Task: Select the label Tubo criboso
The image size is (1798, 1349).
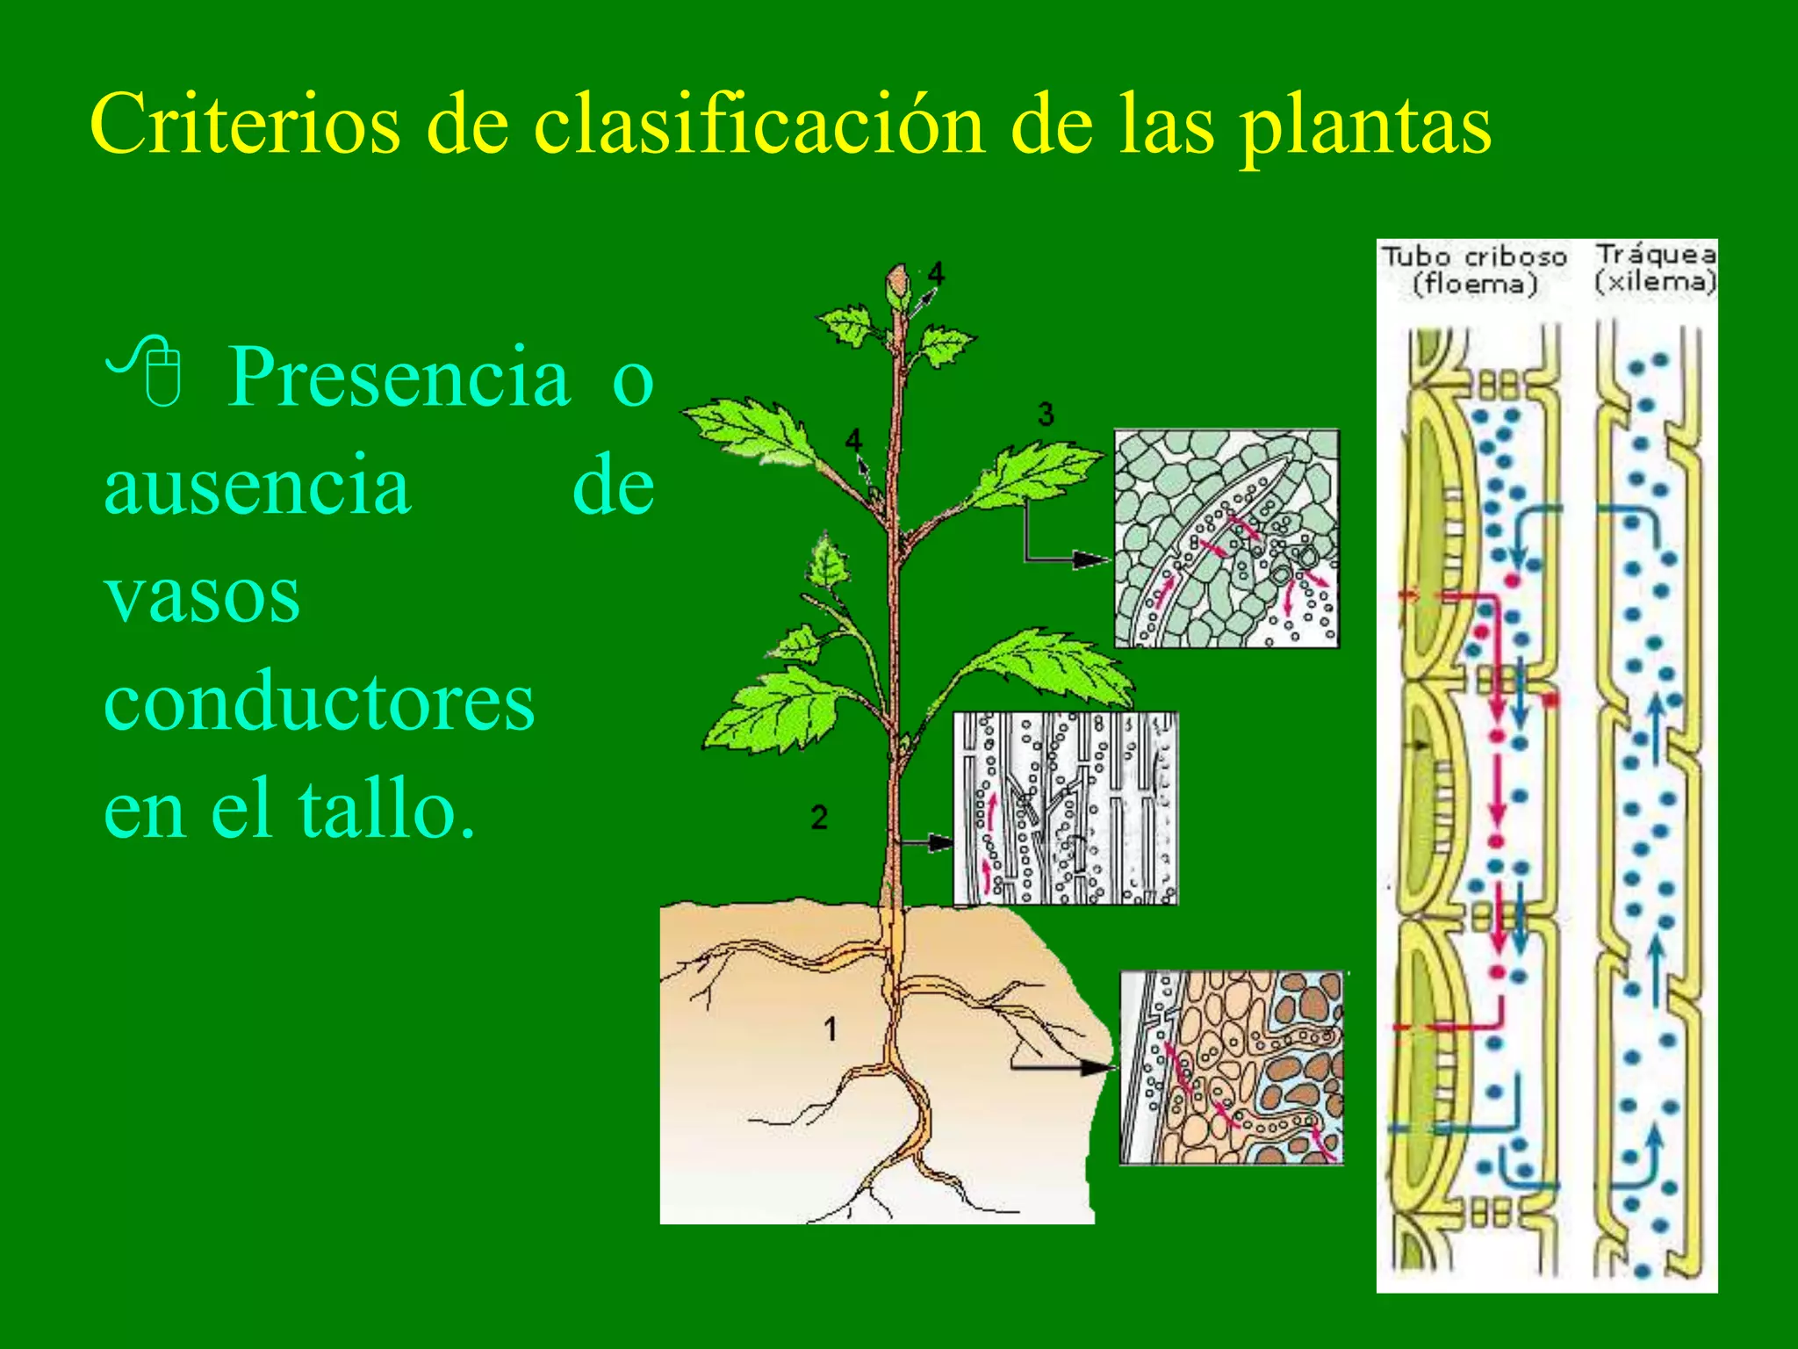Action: click(x=1474, y=257)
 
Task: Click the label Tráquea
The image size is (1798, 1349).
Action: click(x=1656, y=255)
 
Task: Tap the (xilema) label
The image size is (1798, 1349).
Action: click(x=1655, y=282)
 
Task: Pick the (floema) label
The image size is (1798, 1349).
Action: click(x=1475, y=285)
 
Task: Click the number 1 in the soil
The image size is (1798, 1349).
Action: click(x=830, y=1028)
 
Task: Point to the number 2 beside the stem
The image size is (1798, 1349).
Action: click(x=819, y=817)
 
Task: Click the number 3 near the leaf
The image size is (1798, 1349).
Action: click(x=1045, y=413)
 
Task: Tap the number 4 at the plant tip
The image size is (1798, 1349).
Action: click(x=936, y=273)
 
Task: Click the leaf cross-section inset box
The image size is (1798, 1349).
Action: click(x=1226, y=538)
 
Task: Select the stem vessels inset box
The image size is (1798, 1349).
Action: click(x=1065, y=808)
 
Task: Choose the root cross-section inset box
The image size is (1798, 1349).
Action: click(x=1231, y=1067)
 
